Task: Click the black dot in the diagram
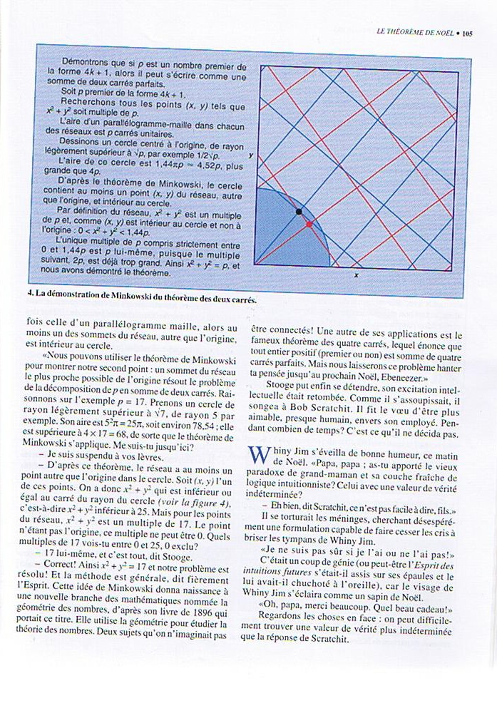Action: coord(299,211)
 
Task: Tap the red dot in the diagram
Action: coord(309,224)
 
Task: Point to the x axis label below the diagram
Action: coord(356,274)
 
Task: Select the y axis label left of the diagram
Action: coord(251,154)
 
